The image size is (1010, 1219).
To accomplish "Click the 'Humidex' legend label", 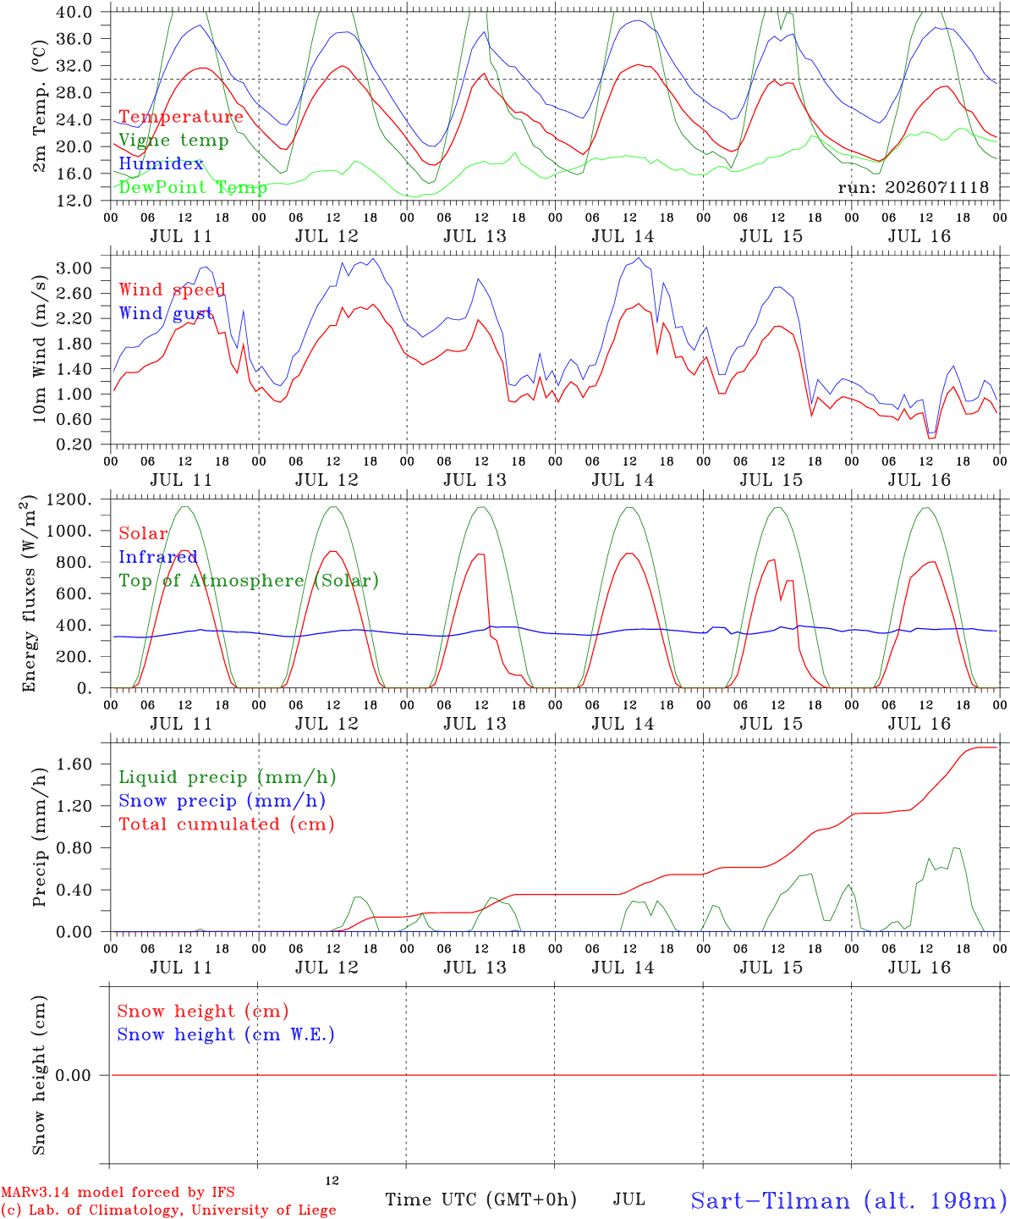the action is coord(161,163).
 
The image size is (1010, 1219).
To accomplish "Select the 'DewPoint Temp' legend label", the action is coord(193,187).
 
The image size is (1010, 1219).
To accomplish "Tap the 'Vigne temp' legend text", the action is coord(173,141).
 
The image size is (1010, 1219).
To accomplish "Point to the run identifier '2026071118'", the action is coord(936,187).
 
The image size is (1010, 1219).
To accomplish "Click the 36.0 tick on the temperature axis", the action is coord(74,39).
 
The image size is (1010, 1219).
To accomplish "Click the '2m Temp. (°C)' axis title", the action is coord(39,106).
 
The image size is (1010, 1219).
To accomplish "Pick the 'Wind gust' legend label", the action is coord(166,313).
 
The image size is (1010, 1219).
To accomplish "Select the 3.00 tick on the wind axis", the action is coord(74,268).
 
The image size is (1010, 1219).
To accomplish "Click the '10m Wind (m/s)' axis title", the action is coord(39,348).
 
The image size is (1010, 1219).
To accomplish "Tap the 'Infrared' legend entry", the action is coord(158,557).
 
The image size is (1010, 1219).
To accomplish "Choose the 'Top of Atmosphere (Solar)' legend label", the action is coord(249,581).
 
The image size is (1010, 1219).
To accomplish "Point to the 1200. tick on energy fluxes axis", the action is coord(69,499).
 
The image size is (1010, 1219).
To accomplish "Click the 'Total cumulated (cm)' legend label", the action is coord(227,825).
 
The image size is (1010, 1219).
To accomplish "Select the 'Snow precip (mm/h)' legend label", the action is coord(222,801).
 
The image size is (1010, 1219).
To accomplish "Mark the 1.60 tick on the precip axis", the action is coord(74,764).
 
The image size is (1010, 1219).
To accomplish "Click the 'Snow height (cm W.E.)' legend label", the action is coord(226,1034).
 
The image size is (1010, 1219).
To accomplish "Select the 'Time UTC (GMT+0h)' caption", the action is coord(480,1200).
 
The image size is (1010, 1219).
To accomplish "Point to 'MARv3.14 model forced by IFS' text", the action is coord(118,1192).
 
